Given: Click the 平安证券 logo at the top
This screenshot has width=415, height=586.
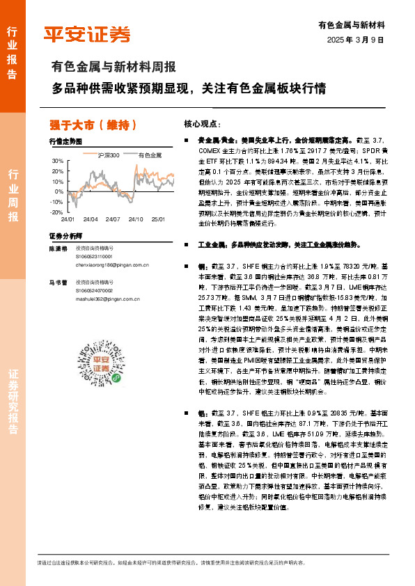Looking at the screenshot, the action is pyautogui.click(x=87, y=34).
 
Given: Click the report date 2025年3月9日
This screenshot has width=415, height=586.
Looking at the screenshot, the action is pyautogui.click(x=356, y=40).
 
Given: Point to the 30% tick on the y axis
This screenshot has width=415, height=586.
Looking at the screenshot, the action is pyautogui.click(x=57, y=161).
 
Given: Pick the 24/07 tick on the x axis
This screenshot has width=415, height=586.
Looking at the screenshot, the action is pyautogui.click(x=113, y=219).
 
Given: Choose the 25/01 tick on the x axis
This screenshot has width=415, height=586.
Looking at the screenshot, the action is pyautogui.click(x=158, y=219).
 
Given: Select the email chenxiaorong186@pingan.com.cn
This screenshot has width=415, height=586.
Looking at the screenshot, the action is pyautogui.click(x=113, y=265).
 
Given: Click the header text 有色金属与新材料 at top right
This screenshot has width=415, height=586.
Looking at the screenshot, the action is pyautogui.click(x=356, y=25).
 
